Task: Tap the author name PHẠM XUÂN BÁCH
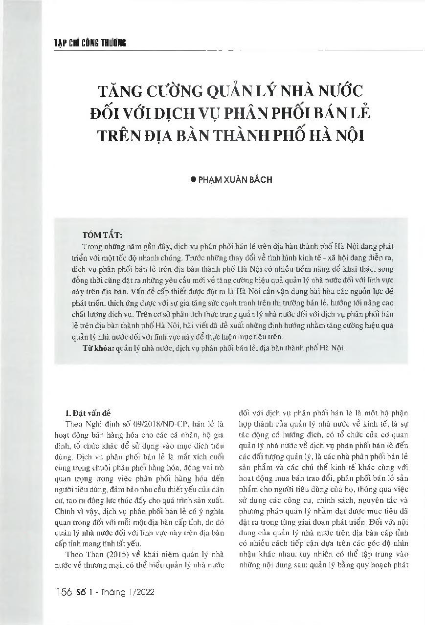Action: tap(234, 180)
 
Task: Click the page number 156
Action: tap(65, 592)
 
